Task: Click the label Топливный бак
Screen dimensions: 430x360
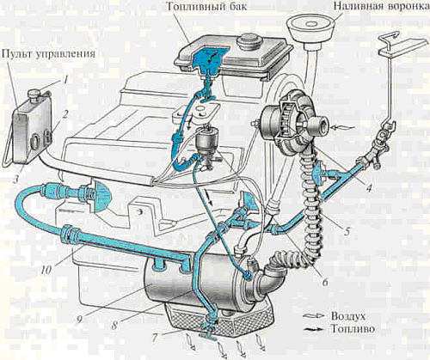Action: [206, 6]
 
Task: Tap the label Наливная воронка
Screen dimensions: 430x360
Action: [382, 6]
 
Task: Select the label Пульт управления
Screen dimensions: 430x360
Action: [48, 53]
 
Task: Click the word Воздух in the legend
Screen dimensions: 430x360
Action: [348, 316]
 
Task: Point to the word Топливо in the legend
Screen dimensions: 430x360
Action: [353, 329]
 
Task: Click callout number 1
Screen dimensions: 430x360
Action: [65, 80]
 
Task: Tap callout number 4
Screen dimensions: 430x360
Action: [369, 188]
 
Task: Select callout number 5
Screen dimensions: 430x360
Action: [347, 231]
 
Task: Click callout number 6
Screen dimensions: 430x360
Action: [324, 282]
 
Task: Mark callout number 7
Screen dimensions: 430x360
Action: [154, 339]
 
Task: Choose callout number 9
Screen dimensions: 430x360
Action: [80, 319]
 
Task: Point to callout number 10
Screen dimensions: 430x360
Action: [46, 270]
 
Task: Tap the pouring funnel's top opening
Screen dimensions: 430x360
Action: [311, 22]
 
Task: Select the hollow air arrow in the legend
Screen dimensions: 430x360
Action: [315, 316]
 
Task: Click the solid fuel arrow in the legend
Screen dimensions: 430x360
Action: [315, 329]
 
